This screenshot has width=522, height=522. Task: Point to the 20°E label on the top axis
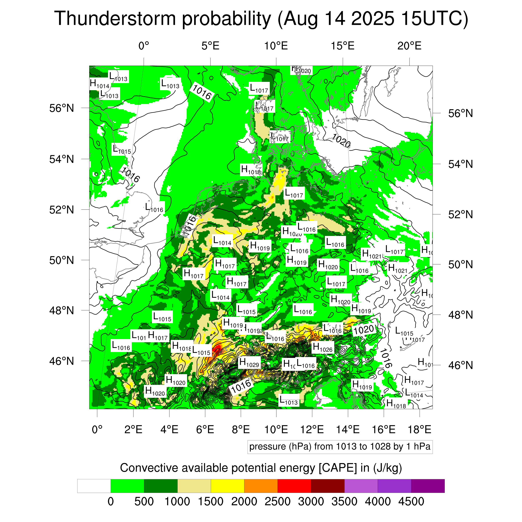coord(409,46)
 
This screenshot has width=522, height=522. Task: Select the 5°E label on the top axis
coord(210,46)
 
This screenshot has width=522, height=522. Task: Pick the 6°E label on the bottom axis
coord(205,429)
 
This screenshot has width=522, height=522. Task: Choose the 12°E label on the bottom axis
coord(312,429)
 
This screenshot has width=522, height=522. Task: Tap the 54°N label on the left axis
coord(62,159)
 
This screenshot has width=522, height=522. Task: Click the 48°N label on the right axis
coord(461,315)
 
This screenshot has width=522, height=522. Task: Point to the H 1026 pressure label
coord(323,347)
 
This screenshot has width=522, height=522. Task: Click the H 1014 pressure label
coord(99,84)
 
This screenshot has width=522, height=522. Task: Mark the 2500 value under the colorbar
coord(277,502)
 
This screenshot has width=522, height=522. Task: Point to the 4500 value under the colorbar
coord(411,502)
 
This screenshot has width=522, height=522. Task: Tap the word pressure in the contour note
coord(267,447)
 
